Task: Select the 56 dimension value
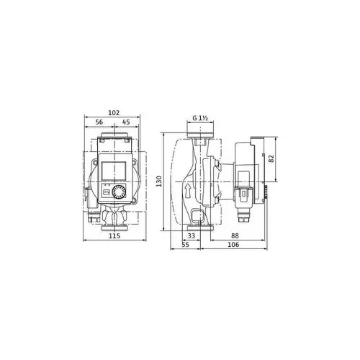pos(99,122)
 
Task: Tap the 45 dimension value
pos(126,122)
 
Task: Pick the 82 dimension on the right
pos(271,158)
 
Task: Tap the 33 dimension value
pos(191,235)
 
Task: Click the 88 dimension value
pos(235,235)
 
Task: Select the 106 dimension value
pos(233,246)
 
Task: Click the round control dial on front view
pos(119,192)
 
